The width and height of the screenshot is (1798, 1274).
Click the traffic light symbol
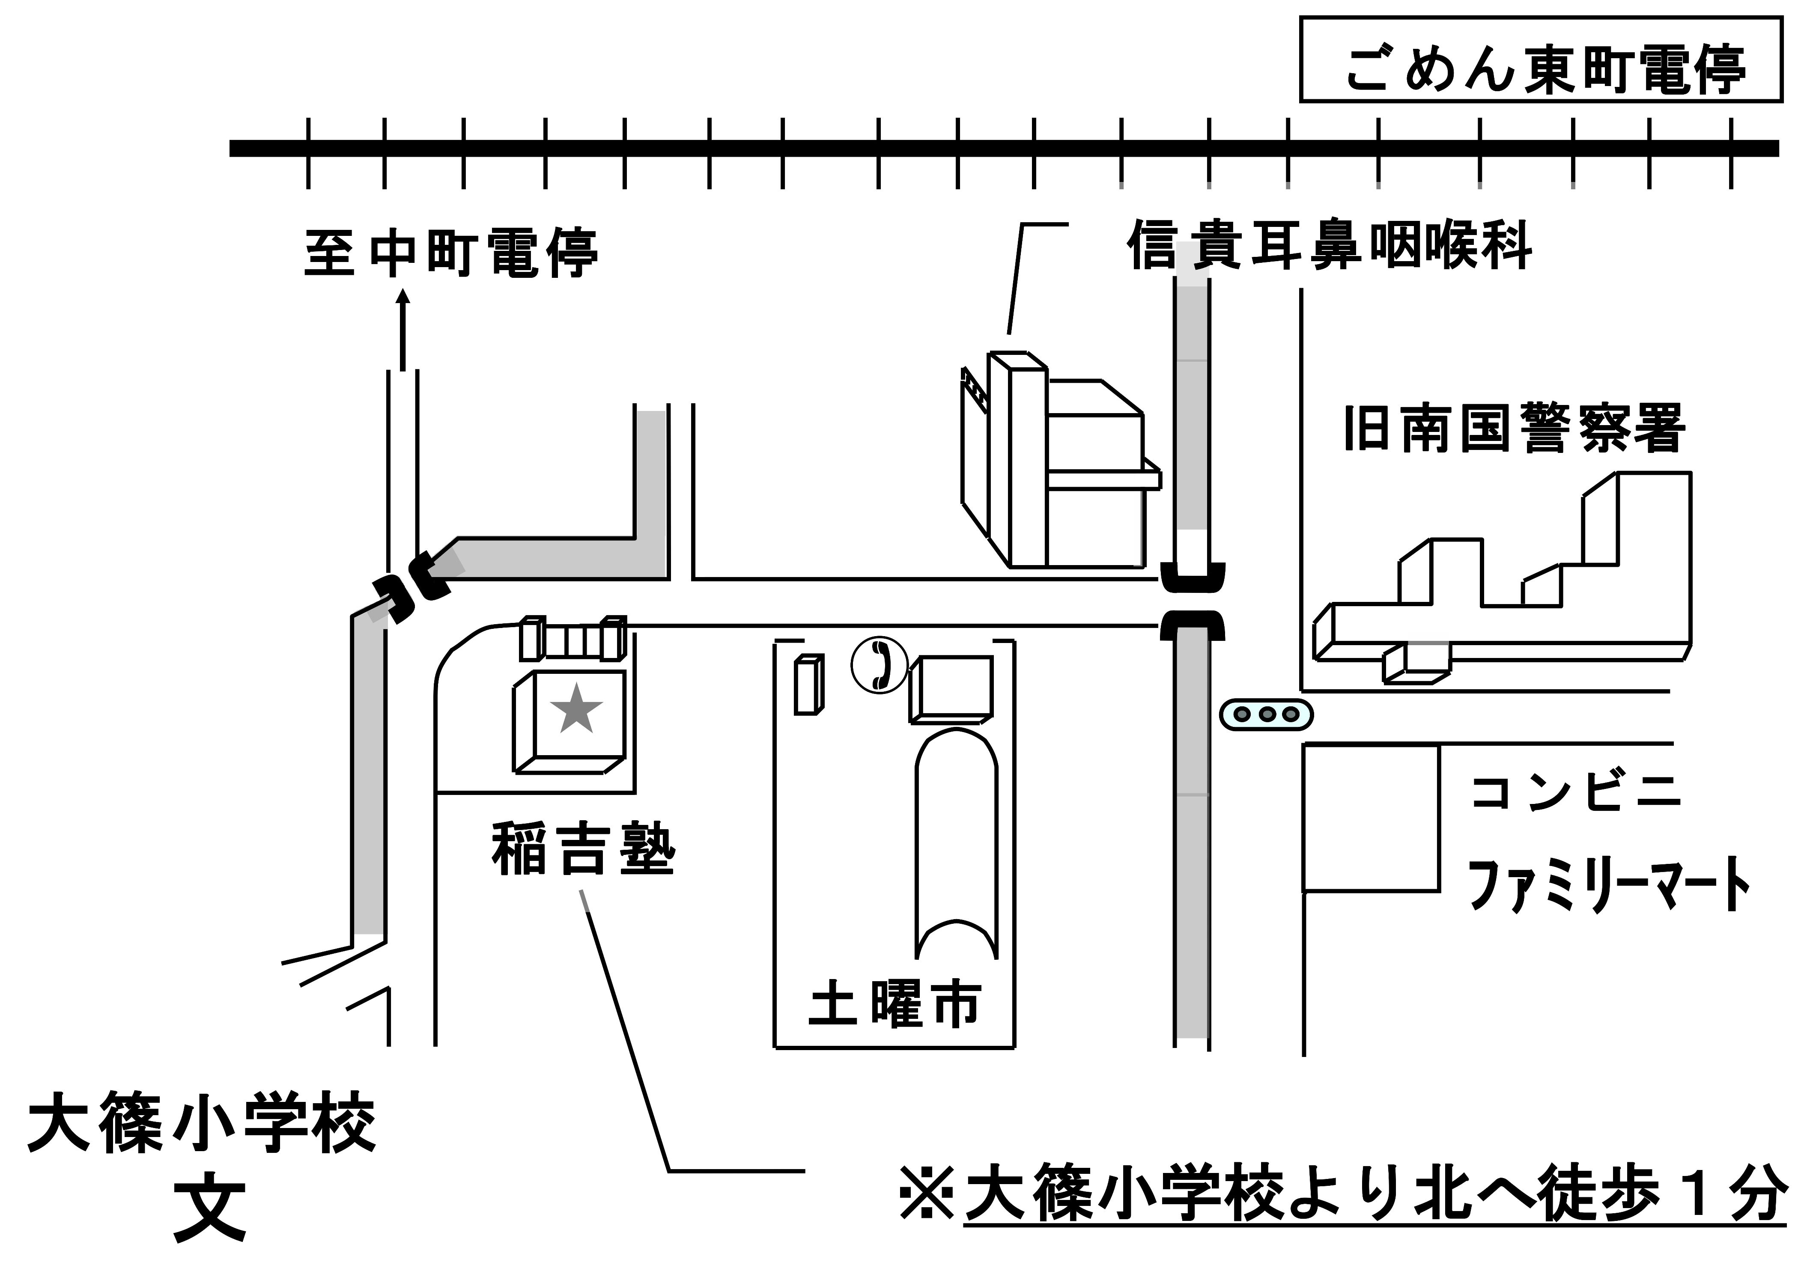point(1265,714)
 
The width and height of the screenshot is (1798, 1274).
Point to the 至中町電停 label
point(451,253)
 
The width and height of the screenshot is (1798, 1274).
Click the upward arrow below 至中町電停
point(403,330)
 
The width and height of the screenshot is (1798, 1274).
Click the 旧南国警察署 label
point(1514,429)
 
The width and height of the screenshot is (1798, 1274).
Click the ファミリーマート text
point(1608,885)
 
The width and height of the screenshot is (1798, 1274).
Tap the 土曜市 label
point(895,1004)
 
